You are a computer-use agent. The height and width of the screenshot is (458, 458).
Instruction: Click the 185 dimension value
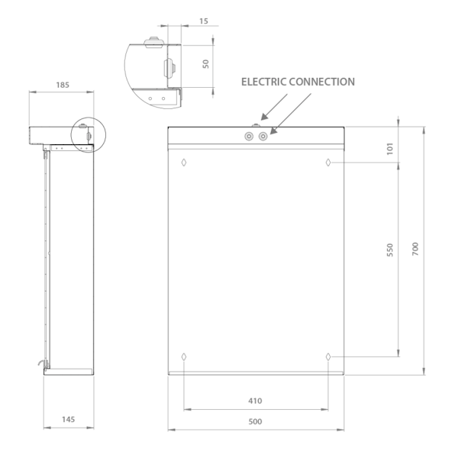63,85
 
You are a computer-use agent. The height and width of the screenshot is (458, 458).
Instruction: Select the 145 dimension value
69,419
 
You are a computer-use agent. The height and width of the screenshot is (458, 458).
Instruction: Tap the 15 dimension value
204,21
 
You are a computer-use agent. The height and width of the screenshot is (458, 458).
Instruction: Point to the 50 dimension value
206,64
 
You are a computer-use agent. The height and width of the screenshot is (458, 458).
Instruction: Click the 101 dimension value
390,149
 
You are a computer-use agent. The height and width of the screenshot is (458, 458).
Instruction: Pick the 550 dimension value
390,250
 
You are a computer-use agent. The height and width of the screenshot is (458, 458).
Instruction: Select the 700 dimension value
415,249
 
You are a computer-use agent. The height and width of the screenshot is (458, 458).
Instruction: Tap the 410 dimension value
255,401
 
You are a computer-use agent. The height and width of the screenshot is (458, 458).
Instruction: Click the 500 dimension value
255,421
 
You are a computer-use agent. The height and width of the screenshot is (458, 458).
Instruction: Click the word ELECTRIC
264,82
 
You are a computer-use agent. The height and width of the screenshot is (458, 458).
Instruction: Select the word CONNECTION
322,82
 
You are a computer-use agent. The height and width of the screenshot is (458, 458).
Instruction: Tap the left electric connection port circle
249,136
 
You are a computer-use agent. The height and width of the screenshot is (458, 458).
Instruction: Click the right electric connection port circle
263,136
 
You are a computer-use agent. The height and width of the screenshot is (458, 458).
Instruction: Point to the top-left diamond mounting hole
184,163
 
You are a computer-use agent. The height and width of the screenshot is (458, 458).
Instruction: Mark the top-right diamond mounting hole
328,163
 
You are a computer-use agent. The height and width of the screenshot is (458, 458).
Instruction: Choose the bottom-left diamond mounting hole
184,356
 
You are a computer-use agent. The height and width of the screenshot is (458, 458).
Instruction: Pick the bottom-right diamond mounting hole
328,356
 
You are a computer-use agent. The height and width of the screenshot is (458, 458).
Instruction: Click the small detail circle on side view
89,135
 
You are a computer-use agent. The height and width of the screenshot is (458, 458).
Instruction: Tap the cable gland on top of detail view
153,42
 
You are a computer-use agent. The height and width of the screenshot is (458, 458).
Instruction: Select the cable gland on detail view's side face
170,69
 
